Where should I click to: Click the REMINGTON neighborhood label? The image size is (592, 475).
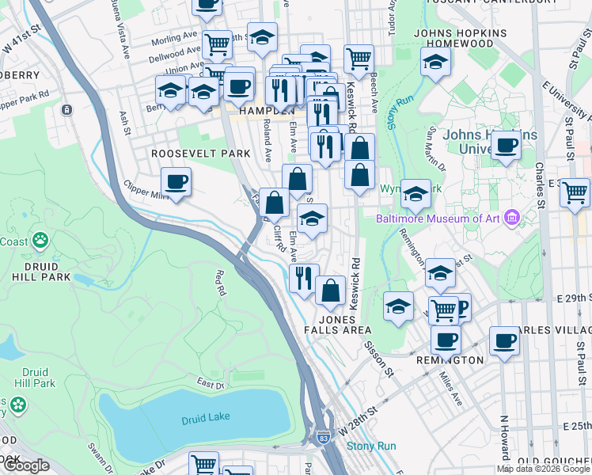coord(450,359)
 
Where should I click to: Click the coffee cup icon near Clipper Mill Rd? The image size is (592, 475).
coord(176,182)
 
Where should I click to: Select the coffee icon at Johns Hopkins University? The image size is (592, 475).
coord(506,146)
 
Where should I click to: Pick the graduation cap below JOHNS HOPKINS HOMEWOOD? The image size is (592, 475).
coord(435,62)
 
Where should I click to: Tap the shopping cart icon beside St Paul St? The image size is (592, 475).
coord(575,192)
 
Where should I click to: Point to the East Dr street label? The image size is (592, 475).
coord(210,384)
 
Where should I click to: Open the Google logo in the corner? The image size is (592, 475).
coord(26,465)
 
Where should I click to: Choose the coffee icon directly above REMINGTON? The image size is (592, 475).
coord(446,340)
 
